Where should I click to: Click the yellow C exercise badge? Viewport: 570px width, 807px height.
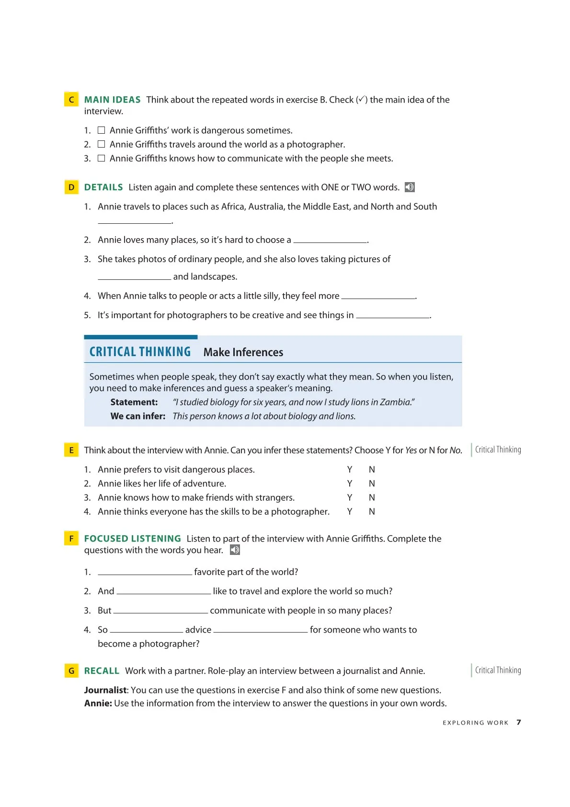pyautogui.click(x=71, y=99)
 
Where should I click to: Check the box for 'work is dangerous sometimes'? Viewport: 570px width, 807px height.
pyautogui.click(x=101, y=130)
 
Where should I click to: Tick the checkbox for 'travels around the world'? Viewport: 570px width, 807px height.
pyautogui.click(x=101, y=144)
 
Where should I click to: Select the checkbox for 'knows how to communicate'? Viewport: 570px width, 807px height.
pyautogui.click(x=101, y=158)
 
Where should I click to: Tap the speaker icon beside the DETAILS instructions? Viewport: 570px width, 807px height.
pyautogui.click(x=410, y=187)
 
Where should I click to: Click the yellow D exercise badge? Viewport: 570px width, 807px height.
pyautogui.click(x=71, y=187)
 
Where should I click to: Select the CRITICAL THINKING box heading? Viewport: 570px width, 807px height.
pyautogui.click(x=140, y=352)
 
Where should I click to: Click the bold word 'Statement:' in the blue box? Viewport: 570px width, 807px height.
pyautogui.click(x=134, y=402)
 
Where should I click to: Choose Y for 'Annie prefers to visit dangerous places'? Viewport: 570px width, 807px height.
pyautogui.click(x=350, y=469)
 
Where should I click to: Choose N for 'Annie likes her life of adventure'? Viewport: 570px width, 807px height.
pyautogui.click(x=372, y=483)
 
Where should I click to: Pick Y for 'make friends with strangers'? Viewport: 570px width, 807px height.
pyautogui.click(x=350, y=497)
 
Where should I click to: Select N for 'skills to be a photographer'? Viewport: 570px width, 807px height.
pyautogui.click(x=372, y=511)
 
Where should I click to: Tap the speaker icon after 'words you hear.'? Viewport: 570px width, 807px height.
pyautogui.click(x=235, y=550)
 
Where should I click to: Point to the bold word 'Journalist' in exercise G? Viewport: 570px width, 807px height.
pyautogui.click(x=105, y=690)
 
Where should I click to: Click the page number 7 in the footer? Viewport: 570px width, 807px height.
pyautogui.click(x=519, y=722)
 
